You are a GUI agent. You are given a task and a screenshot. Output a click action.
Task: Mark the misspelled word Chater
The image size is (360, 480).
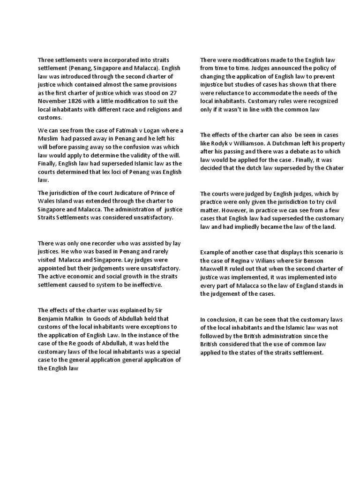[x=334, y=168]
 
